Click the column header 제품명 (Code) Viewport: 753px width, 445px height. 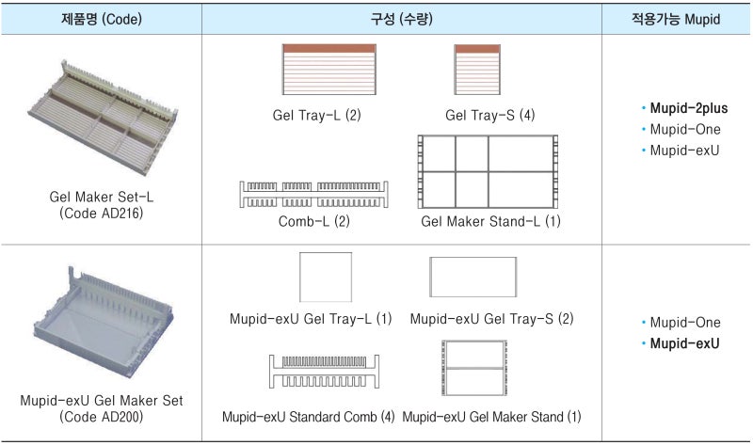coord(101,19)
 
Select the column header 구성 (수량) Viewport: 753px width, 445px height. coord(402,19)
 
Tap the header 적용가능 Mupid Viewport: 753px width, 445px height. coord(678,19)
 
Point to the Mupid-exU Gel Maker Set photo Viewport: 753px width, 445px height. coord(101,325)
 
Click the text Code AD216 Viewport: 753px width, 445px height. coord(101,215)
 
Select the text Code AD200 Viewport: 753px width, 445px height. coord(101,416)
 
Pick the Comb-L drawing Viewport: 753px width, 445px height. coord(314,195)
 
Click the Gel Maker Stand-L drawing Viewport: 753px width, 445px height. coord(489,172)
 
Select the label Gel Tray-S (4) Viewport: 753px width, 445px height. coord(489,116)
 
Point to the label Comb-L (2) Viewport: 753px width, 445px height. coord(314,222)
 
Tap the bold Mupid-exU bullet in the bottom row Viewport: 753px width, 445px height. coord(684,343)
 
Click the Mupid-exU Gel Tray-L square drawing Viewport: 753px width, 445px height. coord(326,278)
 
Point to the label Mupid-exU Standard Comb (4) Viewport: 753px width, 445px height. coord(309,416)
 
